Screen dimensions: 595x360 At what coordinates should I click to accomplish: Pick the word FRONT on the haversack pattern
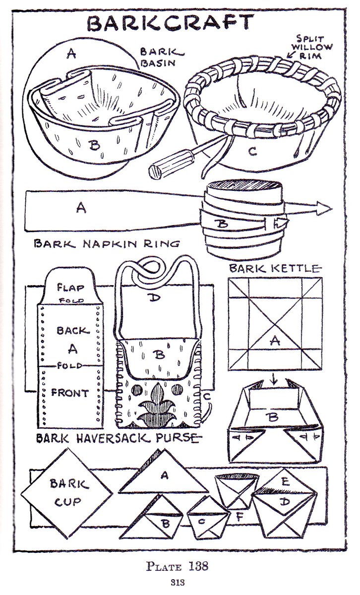pos(70,393)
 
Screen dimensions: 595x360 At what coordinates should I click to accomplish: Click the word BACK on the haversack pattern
pos(73,331)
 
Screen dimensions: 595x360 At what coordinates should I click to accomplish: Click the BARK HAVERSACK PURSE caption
pos(119,438)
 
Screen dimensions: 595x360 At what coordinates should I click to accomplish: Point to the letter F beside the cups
pos(240,517)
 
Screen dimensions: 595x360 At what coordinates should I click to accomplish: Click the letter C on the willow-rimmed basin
pos(252,152)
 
